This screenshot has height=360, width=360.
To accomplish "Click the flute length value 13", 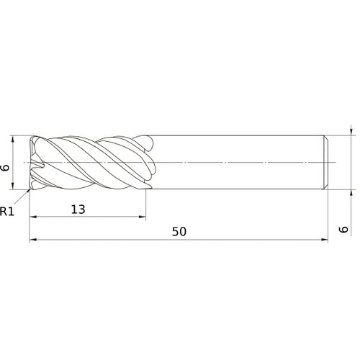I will pyautogui.click(x=78, y=210).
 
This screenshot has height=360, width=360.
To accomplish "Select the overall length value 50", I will pyautogui.click(x=180, y=232).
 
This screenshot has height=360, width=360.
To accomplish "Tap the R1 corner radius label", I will pyautogui.click(x=7, y=212).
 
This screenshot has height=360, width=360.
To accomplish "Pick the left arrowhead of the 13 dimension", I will pyautogui.click(x=32, y=217).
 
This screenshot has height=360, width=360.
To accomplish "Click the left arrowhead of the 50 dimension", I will pyautogui.click(x=32, y=240).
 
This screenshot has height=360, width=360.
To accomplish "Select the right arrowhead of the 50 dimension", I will pyautogui.click(x=327, y=240).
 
